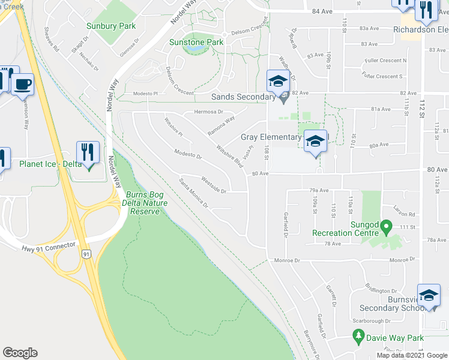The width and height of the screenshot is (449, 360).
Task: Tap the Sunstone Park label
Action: (x=196, y=43)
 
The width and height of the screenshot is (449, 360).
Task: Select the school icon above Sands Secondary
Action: (x=278, y=81)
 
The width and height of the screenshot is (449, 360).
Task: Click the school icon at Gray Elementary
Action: (x=316, y=142)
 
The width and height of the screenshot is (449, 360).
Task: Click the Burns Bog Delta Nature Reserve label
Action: (x=143, y=203)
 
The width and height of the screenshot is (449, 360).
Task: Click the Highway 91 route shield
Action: (x=86, y=254)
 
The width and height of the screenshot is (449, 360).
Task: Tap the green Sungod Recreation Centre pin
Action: (x=387, y=227)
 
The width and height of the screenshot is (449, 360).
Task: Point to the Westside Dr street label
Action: (x=214, y=186)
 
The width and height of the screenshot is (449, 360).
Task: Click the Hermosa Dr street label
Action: (x=208, y=112)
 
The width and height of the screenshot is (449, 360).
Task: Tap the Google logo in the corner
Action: (x=20, y=353)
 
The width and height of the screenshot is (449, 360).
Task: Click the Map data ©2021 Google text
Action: (x=411, y=355)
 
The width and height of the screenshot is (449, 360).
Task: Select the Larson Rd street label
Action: (x=404, y=214)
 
